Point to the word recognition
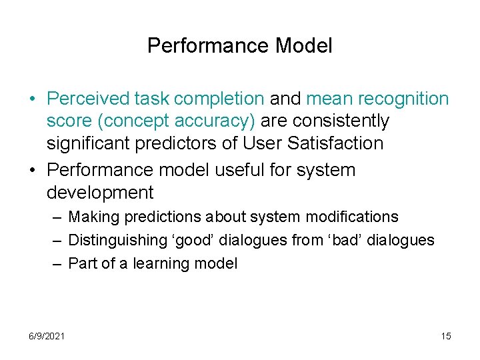click(x=403, y=99)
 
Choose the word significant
click(x=91, y=143)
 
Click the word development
click(x=100, y=193)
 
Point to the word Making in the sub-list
click(x=91, y=217)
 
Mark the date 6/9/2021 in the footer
click(x=47, y=336)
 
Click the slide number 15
click(x=446, y=336)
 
